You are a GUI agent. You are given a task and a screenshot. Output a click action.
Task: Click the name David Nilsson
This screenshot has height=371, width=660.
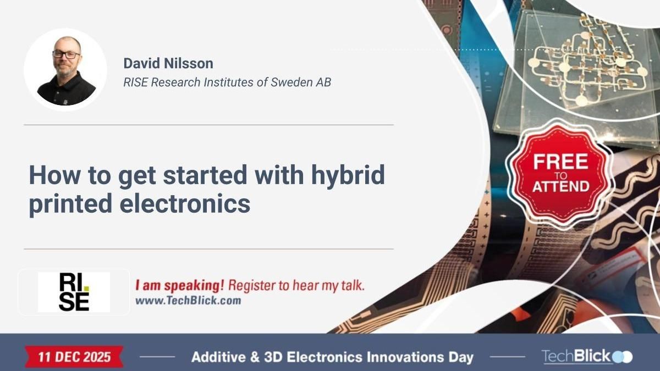point(168,63)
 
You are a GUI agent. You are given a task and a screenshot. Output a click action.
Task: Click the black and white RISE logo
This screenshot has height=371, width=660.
point(74,292)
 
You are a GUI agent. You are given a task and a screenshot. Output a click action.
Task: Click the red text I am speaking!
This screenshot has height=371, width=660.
point(180,286)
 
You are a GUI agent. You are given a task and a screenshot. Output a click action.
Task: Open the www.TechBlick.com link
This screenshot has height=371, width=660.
point(188,301)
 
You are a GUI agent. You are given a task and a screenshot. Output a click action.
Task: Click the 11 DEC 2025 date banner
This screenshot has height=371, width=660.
point(74,357)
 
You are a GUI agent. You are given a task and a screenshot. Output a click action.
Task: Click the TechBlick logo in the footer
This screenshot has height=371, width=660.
point(586,357)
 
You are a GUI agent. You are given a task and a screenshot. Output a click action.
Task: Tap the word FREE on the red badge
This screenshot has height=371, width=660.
point(560,162)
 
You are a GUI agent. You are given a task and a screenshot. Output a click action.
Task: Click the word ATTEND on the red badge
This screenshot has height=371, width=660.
point(560,186)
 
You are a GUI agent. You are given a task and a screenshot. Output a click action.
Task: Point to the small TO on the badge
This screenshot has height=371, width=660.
point(560,175)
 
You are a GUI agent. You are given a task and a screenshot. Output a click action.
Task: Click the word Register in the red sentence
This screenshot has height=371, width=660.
point(249,286)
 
